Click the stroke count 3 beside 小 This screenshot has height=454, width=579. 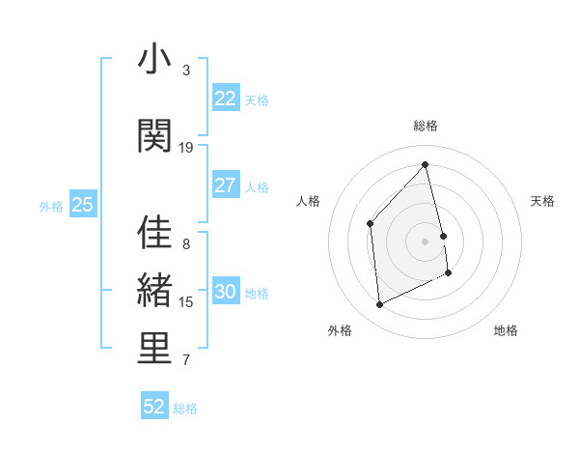tap(186, 71)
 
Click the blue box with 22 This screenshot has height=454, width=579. tap(225, 99)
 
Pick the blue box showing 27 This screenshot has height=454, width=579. tap(225, 185)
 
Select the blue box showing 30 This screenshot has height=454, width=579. tap(225, 292)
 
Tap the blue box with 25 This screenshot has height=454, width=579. tap(82, 205)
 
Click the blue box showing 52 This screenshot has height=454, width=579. tap(154, 407)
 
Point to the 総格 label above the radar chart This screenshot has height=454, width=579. tap(426, 126)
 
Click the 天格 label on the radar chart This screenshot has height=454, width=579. tap(542, 201)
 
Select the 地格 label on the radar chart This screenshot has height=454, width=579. tap(506, 330)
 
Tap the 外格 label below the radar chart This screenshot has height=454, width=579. tap(340, 330)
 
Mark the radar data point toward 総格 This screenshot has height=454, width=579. tap(425, 164)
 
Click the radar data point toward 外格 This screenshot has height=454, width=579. tap(379, 305)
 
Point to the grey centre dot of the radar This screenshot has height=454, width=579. tap(425, 241)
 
